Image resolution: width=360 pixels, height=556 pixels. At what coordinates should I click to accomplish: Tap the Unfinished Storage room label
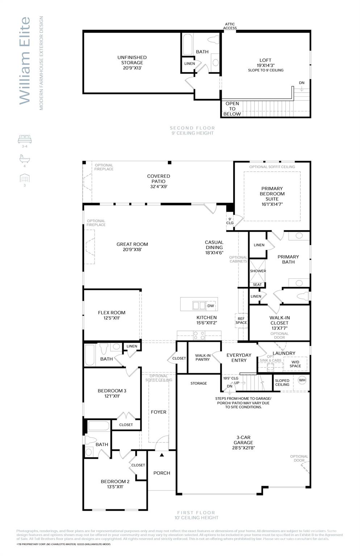point(132,62)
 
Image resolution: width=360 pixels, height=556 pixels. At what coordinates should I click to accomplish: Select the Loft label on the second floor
point(265,60)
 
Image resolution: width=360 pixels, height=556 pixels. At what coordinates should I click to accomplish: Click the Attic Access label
point(230,26)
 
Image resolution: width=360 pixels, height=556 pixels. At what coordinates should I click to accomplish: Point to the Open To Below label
point(232,109)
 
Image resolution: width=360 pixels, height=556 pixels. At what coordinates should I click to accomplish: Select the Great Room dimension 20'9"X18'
point(132,249)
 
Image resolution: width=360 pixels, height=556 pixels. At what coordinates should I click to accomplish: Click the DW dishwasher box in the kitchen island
point(210,306)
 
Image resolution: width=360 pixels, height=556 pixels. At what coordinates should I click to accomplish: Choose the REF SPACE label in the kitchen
point(241,321)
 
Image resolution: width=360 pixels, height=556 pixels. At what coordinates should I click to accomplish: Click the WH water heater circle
point(302,380)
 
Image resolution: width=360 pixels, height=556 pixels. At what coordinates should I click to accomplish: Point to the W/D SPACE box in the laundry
point(295,363)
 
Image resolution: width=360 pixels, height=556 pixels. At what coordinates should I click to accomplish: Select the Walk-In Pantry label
point(203,357)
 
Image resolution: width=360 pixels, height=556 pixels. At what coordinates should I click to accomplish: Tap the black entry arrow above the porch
point(162,455)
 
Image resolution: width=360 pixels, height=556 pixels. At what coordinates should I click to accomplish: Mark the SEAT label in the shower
point(257,285)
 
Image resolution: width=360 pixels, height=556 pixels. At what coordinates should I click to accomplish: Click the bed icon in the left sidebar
point(25,139)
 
